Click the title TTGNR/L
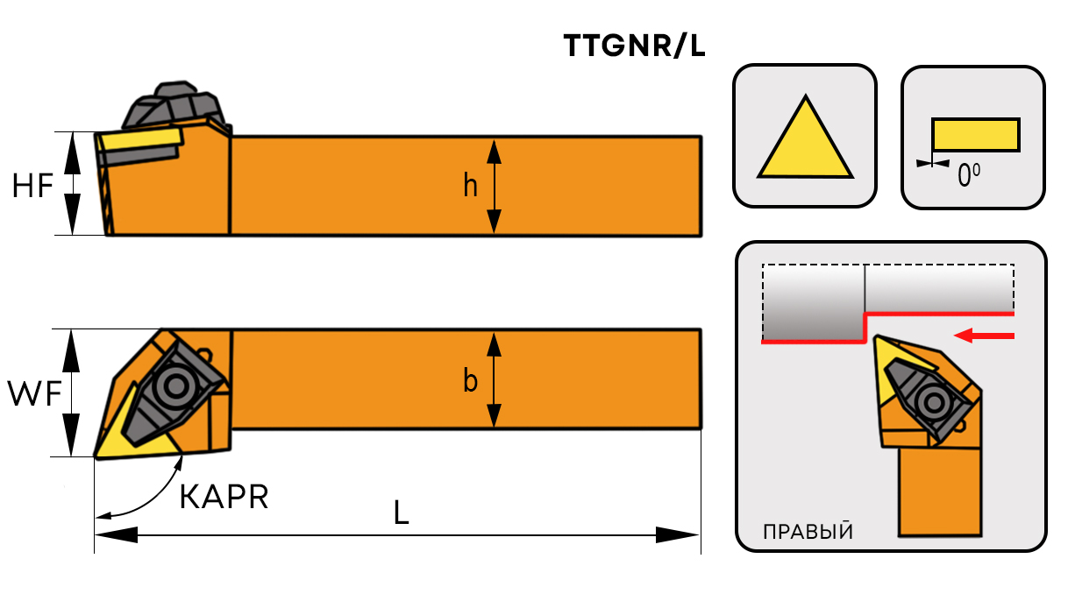pos(634,46)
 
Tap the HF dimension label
pos(33,186)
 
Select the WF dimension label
pos(34,395)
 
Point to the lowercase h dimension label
pos(471,186)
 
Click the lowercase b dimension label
pos(471,382)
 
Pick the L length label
pos(401,513)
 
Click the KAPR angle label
pos(224,497)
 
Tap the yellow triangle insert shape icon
pos(805,142)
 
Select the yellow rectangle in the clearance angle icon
pos(975,135)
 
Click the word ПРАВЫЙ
pos(808,532)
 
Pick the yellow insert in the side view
pos(140,139)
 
